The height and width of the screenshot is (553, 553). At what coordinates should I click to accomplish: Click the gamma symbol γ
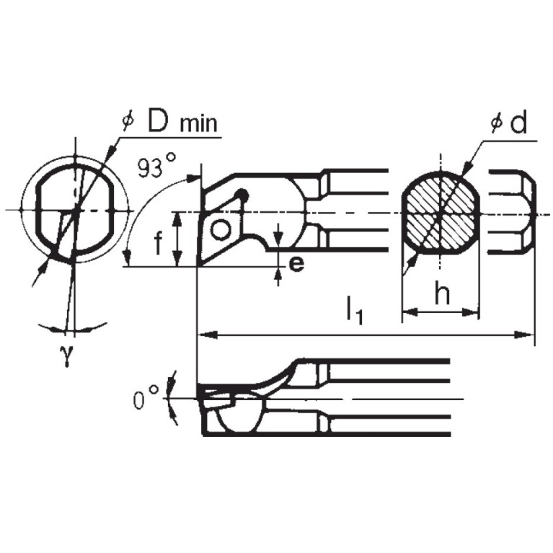[66, 356]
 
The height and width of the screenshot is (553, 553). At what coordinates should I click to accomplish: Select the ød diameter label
[508, 123]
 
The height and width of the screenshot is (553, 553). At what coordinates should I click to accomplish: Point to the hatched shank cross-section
[439, 213]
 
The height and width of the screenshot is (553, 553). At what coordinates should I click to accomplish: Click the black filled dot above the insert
[244, 195]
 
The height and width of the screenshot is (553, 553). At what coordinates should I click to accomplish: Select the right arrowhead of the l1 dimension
[528, 335]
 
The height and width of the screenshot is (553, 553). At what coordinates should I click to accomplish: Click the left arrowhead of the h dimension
[406, 312]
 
